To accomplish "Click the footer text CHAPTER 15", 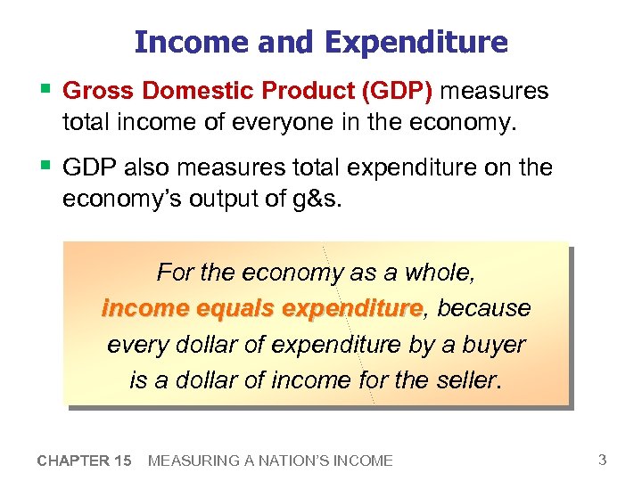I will [85, 461].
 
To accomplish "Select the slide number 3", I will [603, 460].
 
